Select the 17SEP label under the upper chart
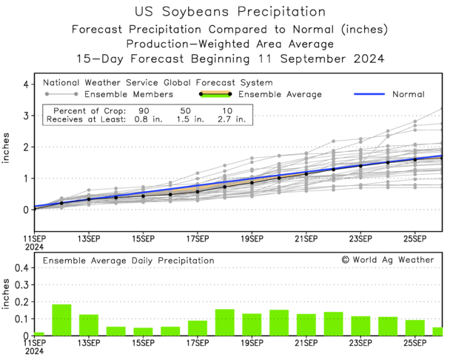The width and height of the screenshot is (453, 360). pyautogui.click(x=198, y=239)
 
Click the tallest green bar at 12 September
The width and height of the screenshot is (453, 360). pyautogui.click(x=61, y=320)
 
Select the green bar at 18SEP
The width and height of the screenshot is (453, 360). pyautogui.click(x=225, y=322)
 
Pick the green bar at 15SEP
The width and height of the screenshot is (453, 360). pyautogui.click(x=143, y=331)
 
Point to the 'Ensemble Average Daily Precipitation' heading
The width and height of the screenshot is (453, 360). pyautogui.click(x=128, y=261)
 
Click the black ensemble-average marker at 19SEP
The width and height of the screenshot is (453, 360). pyautogui.click(x=252, y=182)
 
